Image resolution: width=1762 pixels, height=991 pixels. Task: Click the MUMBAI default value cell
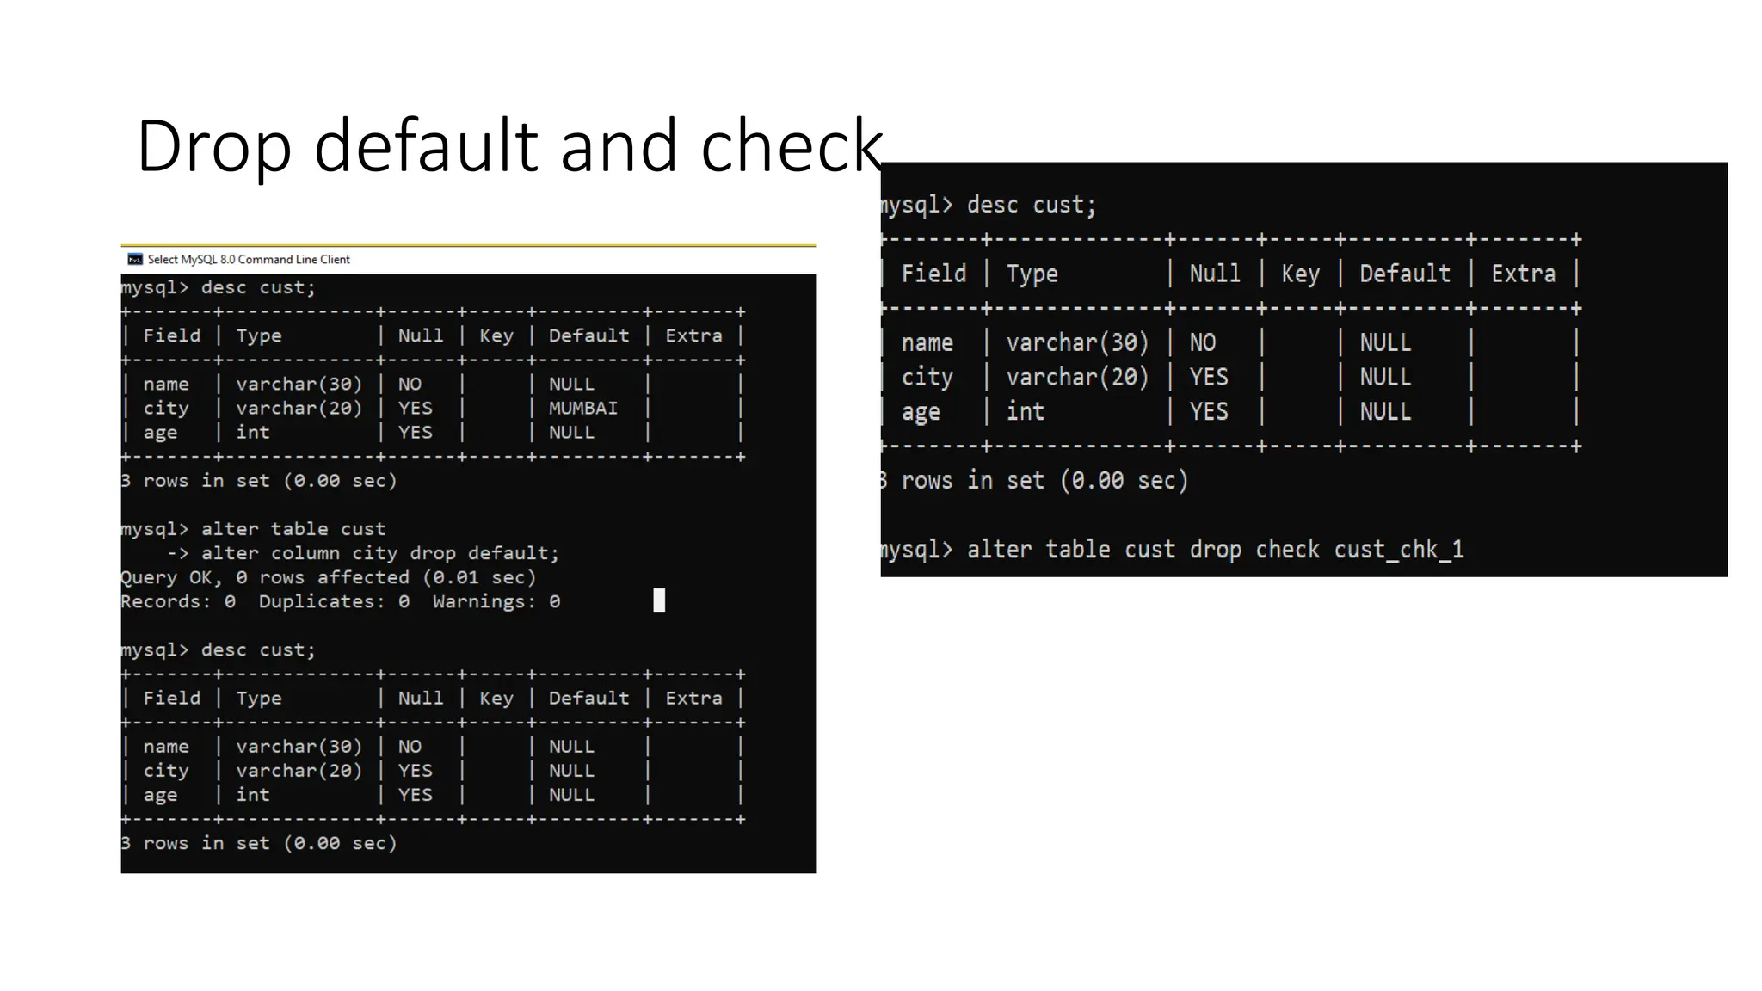[x=582, y=409]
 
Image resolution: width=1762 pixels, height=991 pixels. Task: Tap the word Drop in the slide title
[x=213, y=146]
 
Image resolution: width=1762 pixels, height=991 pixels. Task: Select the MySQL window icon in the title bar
[x=135, y=259]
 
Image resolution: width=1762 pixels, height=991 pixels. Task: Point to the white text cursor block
[x=659, y=600]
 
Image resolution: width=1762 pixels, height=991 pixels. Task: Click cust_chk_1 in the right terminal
[x=1398, y=550]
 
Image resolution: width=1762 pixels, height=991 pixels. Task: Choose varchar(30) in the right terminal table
[x=1077, y=343]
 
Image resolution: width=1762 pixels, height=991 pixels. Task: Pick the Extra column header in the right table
[x=1523, y=274]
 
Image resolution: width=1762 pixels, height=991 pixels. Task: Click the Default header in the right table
[x=1404, y=274]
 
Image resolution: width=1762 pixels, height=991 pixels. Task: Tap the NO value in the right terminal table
[x=1202, y=343]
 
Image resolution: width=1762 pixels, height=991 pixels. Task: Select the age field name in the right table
[x=920, y=412]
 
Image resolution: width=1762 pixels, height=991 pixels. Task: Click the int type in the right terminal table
[x=1025, y=412]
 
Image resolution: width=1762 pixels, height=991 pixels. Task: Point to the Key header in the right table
[x=1300, y=274]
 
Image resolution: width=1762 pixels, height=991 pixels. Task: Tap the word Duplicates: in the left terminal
[x=322, y=601]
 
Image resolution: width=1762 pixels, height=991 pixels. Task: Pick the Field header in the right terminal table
[x=933, y=274]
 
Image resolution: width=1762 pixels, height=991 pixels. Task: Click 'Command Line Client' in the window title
[x=293, y=260]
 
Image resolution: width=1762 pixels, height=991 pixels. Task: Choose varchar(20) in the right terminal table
[x=1077, y=378]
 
